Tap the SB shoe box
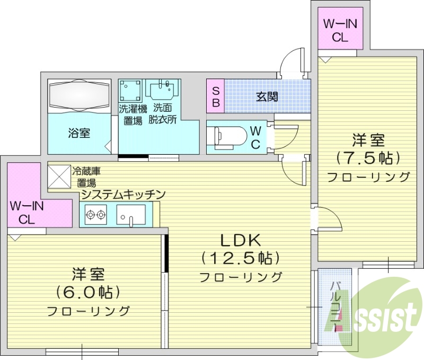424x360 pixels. (216, 96)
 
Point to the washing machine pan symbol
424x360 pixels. (130, 91)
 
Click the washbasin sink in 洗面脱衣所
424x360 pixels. (163, 90)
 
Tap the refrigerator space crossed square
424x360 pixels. (59, 175)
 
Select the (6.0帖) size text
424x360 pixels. (88, 292)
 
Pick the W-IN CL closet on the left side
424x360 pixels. (26, 212)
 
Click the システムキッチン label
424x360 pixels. (123, 195)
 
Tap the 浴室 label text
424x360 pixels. (79, 133)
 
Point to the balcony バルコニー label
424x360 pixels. (335, 307)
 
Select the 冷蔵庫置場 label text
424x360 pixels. (86, 177)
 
